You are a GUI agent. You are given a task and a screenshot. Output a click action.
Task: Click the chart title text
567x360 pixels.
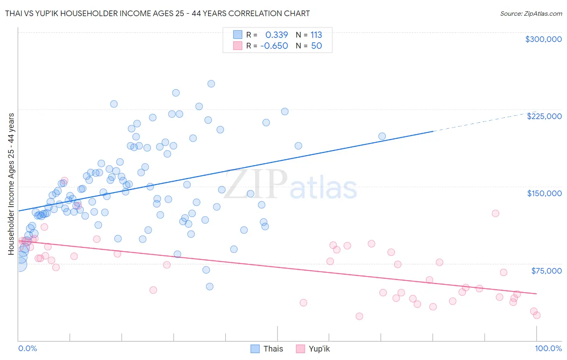(157, 13)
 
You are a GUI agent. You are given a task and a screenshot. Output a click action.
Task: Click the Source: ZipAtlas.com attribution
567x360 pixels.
(531, 13)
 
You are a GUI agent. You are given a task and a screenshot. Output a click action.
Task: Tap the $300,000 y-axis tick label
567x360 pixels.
(543, 39)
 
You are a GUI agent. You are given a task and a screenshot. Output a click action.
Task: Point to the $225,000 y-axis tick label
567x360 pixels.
(544, 116)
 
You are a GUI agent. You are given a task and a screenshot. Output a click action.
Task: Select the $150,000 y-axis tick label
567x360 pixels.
(544, 193)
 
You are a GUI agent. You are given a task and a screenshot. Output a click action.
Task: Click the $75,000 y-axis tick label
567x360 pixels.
(546, 271)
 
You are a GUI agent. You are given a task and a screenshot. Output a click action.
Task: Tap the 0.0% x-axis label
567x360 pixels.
(27, 348)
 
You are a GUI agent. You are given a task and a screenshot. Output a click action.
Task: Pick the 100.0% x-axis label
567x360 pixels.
(548, 348)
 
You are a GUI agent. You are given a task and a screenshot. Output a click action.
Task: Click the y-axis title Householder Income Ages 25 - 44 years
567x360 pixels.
(11, 184)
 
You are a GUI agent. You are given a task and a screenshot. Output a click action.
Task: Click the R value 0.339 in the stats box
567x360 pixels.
(276, 35)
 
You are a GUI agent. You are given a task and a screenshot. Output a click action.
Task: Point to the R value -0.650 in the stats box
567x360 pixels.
(274, 46)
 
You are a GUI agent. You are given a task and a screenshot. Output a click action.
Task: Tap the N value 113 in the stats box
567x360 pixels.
(316, 35)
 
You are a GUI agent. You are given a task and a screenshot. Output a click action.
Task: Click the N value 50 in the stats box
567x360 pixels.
(316, 46)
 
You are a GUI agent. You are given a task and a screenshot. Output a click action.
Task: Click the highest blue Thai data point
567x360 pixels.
(211, 84)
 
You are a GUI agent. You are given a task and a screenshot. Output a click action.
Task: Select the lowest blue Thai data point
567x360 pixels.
(210, 287)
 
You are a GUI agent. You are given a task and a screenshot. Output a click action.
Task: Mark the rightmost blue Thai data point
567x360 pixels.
(382, 136)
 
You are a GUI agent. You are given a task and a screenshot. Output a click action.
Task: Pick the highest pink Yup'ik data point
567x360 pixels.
(64, 181)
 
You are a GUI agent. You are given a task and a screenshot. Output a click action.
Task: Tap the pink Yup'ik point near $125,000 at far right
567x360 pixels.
(496, 213)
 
